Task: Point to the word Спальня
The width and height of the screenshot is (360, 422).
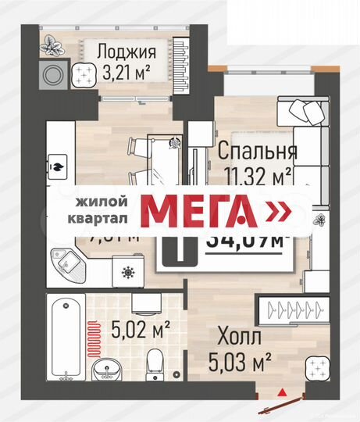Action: tap(257, 149)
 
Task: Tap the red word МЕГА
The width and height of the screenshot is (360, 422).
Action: tap(199, 211)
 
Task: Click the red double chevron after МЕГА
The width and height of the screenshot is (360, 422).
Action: tap(278, 211)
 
